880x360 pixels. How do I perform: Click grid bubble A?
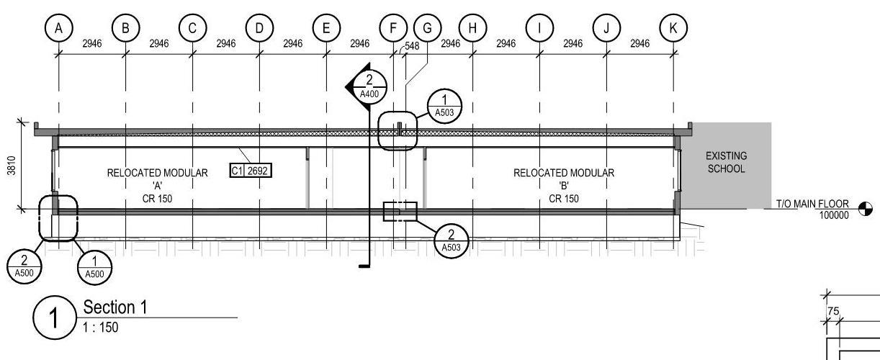tap(59, 28)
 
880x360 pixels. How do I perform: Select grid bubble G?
tap(427, 28)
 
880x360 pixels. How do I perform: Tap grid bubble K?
tap(673, 28)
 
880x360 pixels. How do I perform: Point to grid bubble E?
tap(326, 28)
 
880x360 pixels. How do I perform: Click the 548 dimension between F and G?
tap(411, 45)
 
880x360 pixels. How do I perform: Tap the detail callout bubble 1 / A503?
tap(444, 105)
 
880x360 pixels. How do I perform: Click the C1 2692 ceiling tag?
tap(251, 171)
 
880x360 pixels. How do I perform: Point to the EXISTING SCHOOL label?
tap(725, 162)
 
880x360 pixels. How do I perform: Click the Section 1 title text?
tap(115, 307)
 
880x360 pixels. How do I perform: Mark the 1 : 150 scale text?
tap(102, 328)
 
